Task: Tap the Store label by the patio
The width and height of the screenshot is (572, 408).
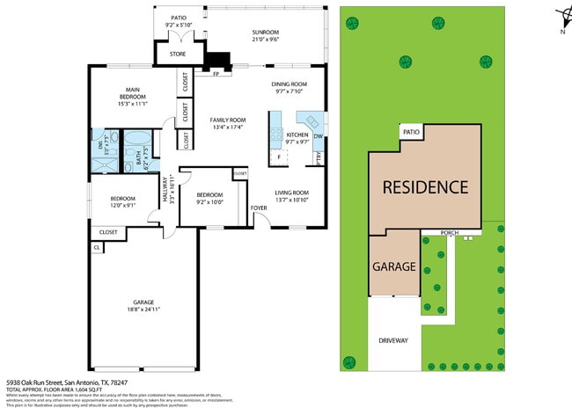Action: (177, 55)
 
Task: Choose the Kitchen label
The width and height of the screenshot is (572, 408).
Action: (297, 135)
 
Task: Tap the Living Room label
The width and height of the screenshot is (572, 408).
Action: (291, 193)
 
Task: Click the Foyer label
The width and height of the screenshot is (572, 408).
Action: (259, 208)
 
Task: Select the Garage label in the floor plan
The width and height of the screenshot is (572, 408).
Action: (143, 302)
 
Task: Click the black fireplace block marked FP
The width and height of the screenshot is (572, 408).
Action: (218, 61)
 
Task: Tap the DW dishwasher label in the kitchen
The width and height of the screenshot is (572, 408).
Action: (318, 136)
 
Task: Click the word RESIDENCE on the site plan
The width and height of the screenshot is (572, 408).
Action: (424, 187)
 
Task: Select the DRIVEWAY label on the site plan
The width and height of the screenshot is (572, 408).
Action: (393, 340)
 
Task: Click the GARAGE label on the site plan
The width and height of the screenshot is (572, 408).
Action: (393, 266)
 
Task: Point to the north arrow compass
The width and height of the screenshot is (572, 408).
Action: (561, 19)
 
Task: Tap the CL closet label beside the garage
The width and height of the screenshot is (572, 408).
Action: (96, 248)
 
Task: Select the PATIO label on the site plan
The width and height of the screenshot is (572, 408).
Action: (411, 132)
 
